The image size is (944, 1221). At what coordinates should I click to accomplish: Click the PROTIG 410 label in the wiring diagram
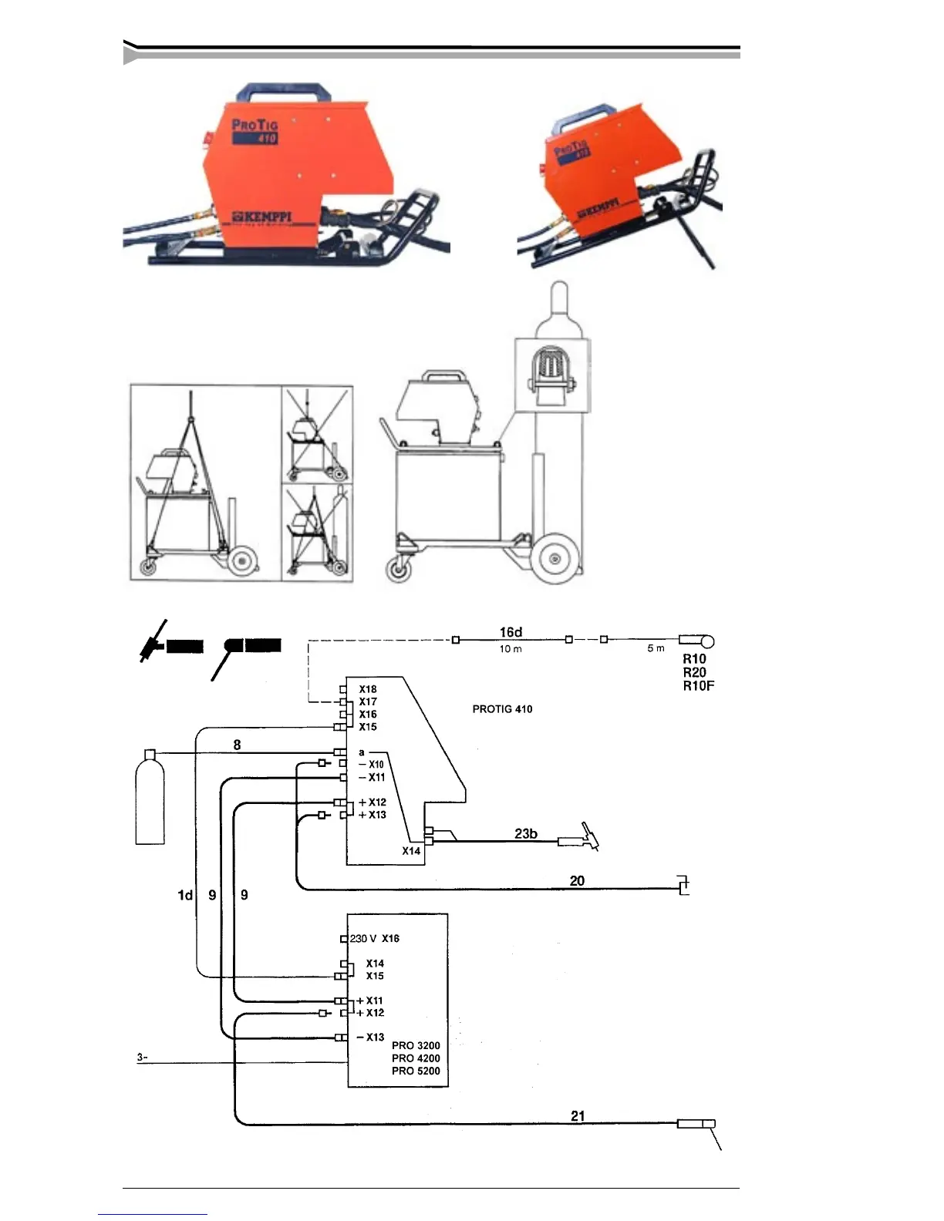(502, 709)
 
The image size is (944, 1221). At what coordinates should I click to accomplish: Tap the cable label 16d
(511, 632)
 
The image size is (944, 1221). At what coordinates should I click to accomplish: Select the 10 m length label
(511, 649)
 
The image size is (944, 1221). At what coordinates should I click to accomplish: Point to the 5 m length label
(656, 648)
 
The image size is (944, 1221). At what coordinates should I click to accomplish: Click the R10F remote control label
(698, 686)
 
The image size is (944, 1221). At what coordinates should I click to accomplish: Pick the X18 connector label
(368, 689)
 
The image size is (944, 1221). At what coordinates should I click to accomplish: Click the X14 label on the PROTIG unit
(411, 851)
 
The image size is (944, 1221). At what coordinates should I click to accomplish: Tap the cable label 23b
(526, 833)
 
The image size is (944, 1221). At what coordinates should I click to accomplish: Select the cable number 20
(577, 880)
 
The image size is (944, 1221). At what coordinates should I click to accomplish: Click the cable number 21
(578, 1115)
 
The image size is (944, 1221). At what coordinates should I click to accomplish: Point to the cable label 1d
(185, 895)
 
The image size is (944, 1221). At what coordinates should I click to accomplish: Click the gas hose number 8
(237, 745)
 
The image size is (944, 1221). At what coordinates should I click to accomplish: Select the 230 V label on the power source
(363, 938)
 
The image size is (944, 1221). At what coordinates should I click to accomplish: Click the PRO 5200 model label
(416, 1071)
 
